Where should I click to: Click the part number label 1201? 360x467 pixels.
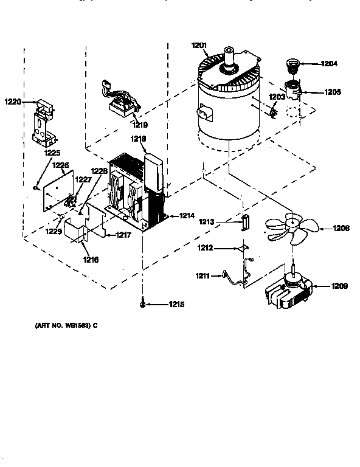(199, 44)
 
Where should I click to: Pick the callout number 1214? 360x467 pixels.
(187, 215)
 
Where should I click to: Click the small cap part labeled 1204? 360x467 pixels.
(294, 64)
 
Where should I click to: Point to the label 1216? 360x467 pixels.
(90, 260)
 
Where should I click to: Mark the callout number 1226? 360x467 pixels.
(60, 165)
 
